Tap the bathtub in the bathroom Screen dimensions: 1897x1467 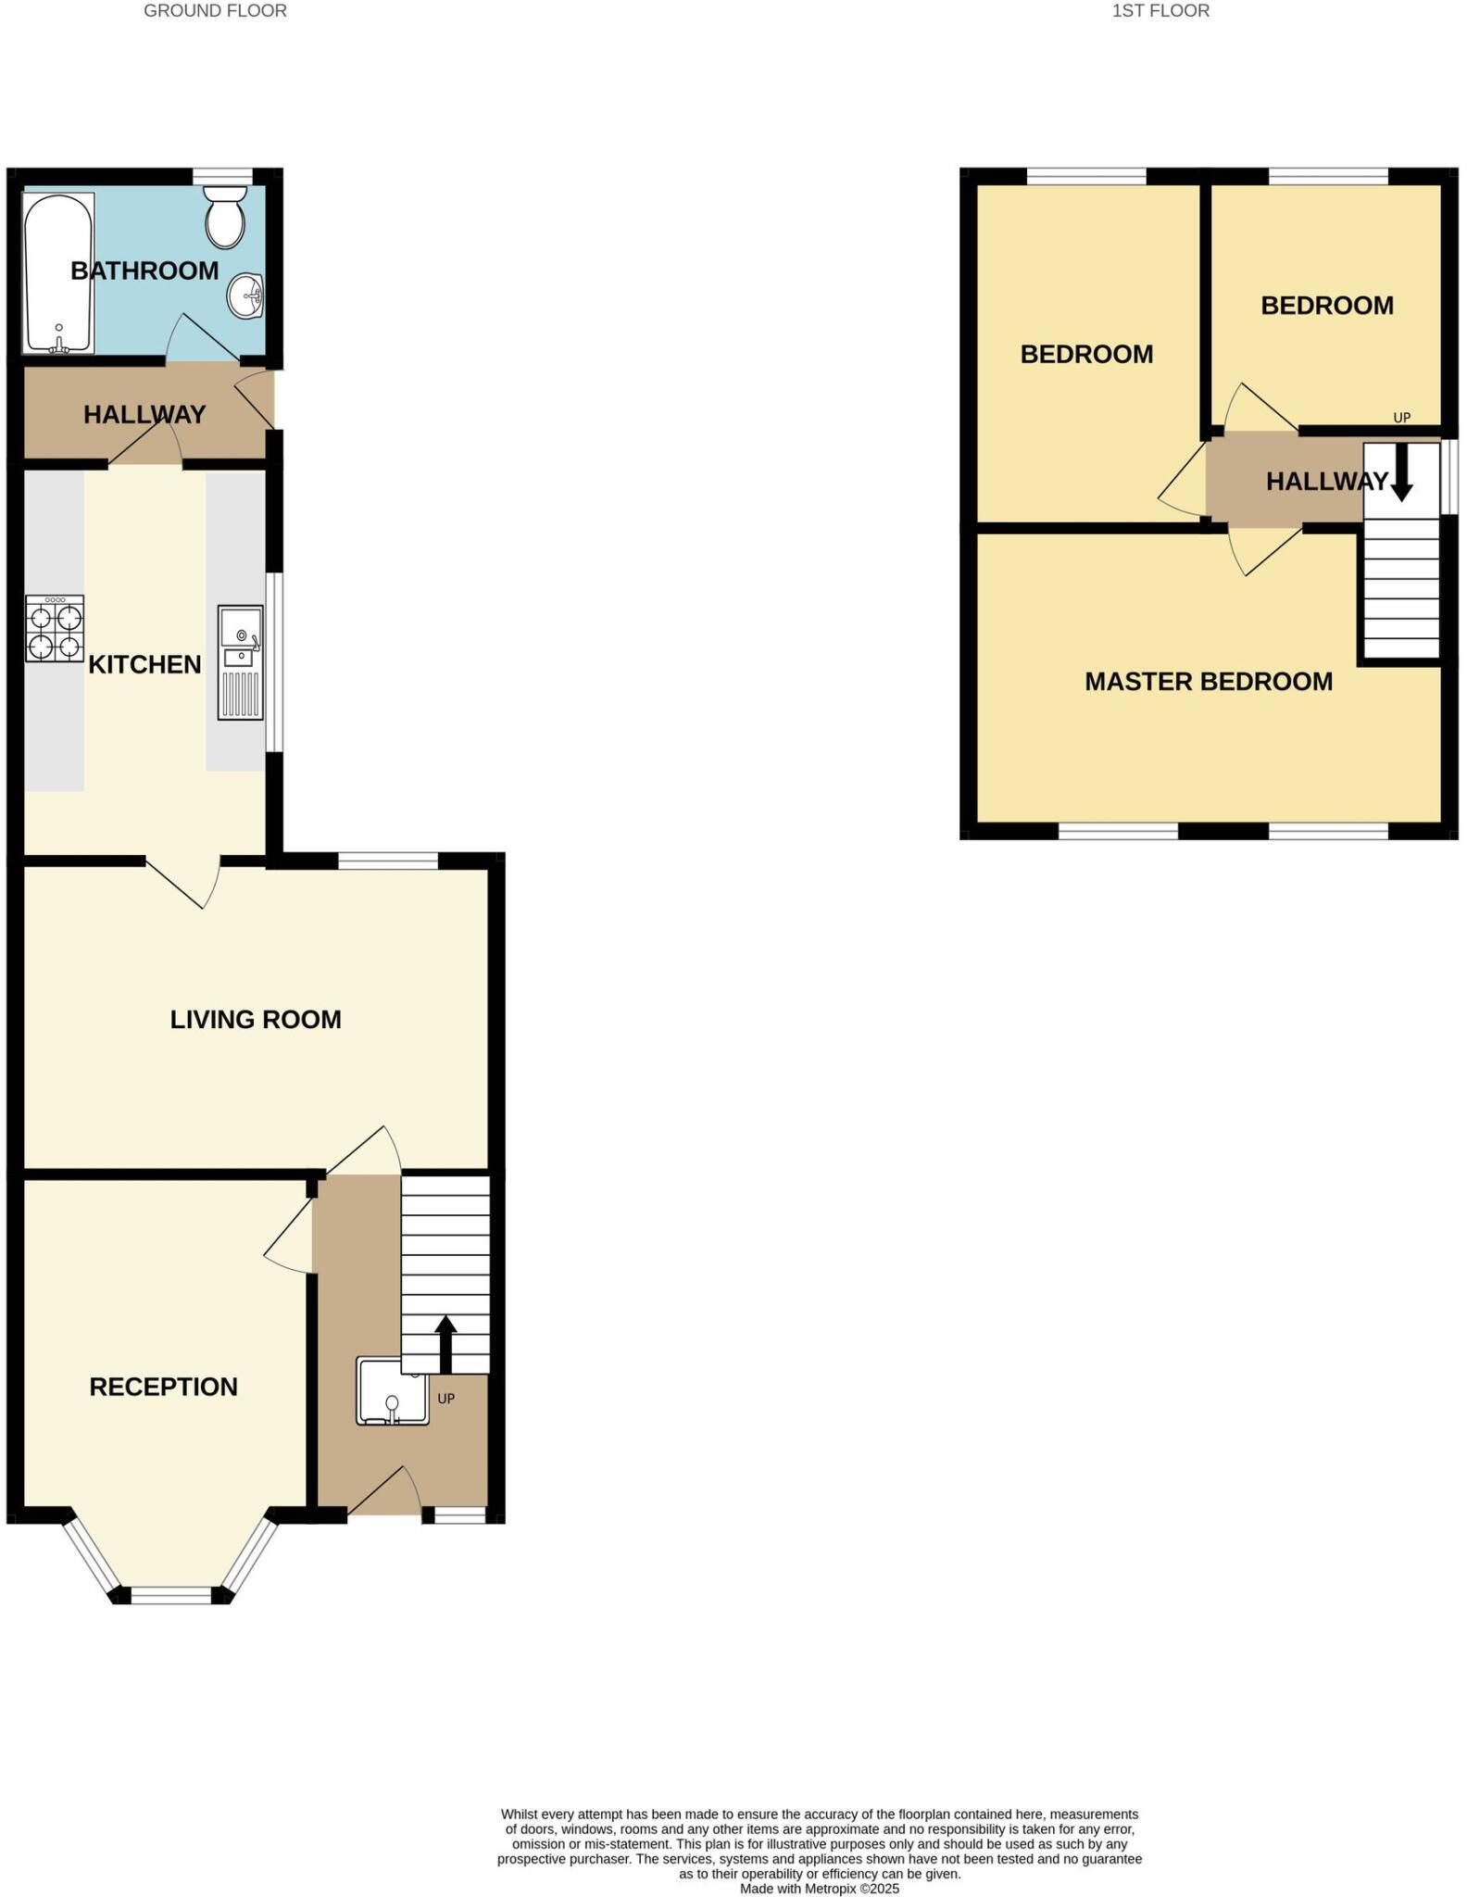[58, 272]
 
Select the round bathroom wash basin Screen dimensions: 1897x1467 [246, 296]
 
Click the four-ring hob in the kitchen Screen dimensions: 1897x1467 [55, 628]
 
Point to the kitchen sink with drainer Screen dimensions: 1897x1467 [240, 662]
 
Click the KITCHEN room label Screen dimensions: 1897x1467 [144, 664]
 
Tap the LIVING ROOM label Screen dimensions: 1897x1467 [256, 1019]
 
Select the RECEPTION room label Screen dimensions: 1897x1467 [163, 1387]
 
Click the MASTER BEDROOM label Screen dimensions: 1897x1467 [1209, 682]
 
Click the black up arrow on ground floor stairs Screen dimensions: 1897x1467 [445, 1344]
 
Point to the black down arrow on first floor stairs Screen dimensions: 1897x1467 [1401, 472]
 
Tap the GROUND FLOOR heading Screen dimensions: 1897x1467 [215, 11]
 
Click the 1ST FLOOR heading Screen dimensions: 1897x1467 [1160, 11]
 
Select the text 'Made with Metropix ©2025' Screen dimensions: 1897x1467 [820, 1889]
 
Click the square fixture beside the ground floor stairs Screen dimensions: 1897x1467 [392, 1390]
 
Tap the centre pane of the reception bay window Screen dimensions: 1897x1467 [171, 1595]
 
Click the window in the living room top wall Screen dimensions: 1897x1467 [388, 861]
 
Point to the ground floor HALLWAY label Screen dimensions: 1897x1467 [144, 415]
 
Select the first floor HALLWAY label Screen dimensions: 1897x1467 [1326, 482]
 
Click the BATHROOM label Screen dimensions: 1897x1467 [144, 270]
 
